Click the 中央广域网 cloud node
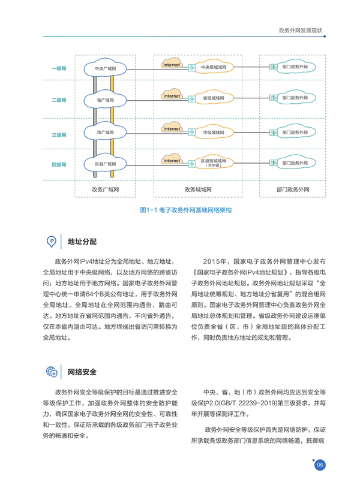[105, 68]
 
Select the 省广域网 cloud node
[105, 100]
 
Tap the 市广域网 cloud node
[105, 132]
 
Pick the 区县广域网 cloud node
[105, 164]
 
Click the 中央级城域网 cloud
[214, 67]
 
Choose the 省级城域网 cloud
[214, 98]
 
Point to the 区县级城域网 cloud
[214, 163]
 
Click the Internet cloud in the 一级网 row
[172, 63]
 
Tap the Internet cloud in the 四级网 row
[172, 159]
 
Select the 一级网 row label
[59, 68]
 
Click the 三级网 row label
[59, 135]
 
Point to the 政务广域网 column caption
[105, 189]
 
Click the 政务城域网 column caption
[198, 189]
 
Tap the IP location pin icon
[52, 242]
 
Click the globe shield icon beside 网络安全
[52, 372]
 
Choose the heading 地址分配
[82, 242]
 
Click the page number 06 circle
[320, 465]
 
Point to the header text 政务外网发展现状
[301, 31]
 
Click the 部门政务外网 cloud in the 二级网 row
[295, 98]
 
